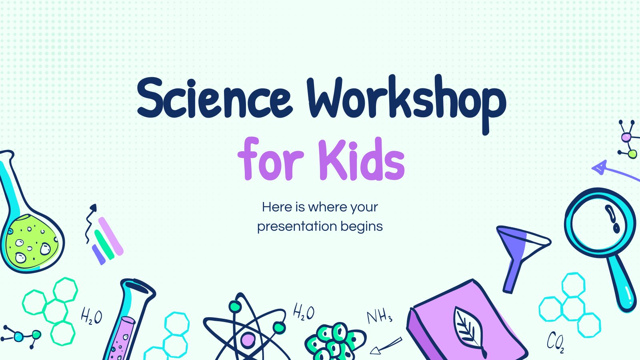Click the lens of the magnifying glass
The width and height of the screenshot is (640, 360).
[x=600, y=222]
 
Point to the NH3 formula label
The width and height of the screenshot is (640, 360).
[x=380, y=316]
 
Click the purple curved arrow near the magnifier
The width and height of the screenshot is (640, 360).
[x=614, y=172]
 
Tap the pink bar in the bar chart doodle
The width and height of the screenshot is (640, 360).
[x=111, y=236]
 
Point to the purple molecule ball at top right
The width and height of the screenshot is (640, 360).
[x=626, y=138]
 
